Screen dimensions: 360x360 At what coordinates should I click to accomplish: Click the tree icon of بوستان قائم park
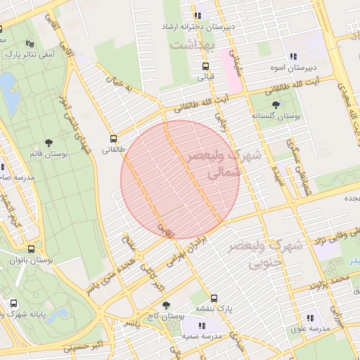[x=48, y=143]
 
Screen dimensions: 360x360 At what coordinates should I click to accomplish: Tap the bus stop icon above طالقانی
[x=114, y=139]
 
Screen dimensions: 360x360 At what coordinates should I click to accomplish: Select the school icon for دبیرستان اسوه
[x=293, y=57]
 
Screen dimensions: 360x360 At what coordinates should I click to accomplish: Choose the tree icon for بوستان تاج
[x=165, y=305]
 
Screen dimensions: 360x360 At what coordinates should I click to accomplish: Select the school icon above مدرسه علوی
[x=310, y=317]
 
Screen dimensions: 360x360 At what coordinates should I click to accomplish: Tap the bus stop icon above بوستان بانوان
[x=31, y=249]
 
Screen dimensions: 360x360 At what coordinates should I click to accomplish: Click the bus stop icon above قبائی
[x=205, y=66]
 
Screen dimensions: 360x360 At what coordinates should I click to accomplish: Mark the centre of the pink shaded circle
[x=180, y=180]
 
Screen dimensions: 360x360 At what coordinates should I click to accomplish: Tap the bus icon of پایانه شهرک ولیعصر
[x=14, y=304]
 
